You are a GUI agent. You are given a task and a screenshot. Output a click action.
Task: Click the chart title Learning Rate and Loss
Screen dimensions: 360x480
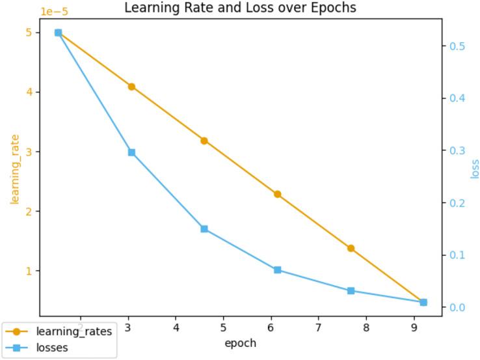240,8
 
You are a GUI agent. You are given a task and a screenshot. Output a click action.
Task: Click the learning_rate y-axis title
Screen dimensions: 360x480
14,169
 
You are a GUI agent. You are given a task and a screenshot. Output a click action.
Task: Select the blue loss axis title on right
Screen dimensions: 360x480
475,169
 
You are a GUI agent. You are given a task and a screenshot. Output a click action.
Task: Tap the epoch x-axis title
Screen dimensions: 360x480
240,343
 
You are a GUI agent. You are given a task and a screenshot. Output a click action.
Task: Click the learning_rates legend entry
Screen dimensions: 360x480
73,332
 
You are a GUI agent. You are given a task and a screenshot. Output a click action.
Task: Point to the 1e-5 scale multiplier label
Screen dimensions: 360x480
54,12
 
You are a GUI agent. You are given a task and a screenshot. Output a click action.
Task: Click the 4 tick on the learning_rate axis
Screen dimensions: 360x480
30,92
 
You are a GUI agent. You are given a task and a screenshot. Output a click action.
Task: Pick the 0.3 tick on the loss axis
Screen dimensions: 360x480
458,150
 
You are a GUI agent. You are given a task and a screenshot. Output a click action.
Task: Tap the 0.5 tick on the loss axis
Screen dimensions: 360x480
458,46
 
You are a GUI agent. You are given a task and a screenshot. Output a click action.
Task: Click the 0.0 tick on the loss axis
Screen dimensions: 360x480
458,307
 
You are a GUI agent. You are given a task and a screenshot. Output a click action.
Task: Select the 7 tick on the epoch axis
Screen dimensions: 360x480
318,326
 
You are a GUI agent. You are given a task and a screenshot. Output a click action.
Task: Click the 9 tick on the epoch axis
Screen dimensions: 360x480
414,326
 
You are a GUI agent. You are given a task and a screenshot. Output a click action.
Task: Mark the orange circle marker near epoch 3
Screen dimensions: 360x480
131,87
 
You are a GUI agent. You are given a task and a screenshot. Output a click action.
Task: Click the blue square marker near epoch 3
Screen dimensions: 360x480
131,152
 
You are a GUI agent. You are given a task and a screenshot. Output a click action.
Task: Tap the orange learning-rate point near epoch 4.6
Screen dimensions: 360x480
204,141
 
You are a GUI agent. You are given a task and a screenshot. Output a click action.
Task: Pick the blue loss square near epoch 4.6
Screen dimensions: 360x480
204,229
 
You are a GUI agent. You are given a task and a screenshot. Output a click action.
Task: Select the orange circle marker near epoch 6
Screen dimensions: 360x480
277,194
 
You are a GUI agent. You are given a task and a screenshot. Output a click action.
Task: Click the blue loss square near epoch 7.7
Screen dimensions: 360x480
351,291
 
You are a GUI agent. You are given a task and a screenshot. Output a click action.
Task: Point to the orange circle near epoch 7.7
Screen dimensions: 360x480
351,248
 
